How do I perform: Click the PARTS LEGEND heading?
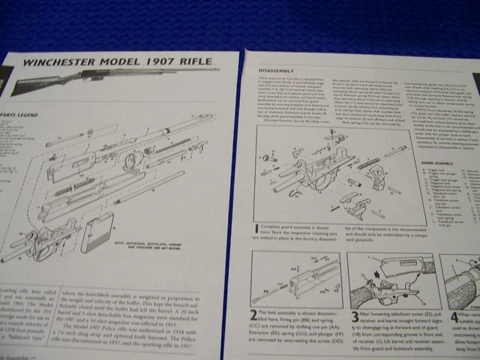23,115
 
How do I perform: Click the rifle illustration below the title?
90,79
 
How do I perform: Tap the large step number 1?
257,226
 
